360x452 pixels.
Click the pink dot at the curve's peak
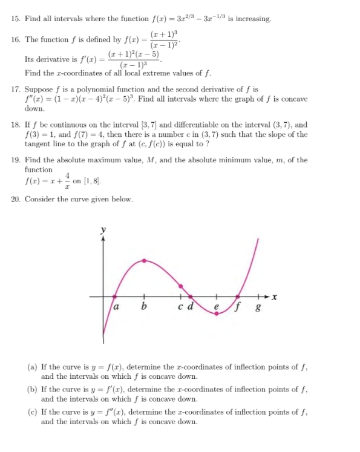pyautogui.click(x=144, y=260)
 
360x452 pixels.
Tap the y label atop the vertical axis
pyautogui.click(x=103, y=230)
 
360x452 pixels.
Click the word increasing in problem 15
pyautogui.click(x=253, y=19)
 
